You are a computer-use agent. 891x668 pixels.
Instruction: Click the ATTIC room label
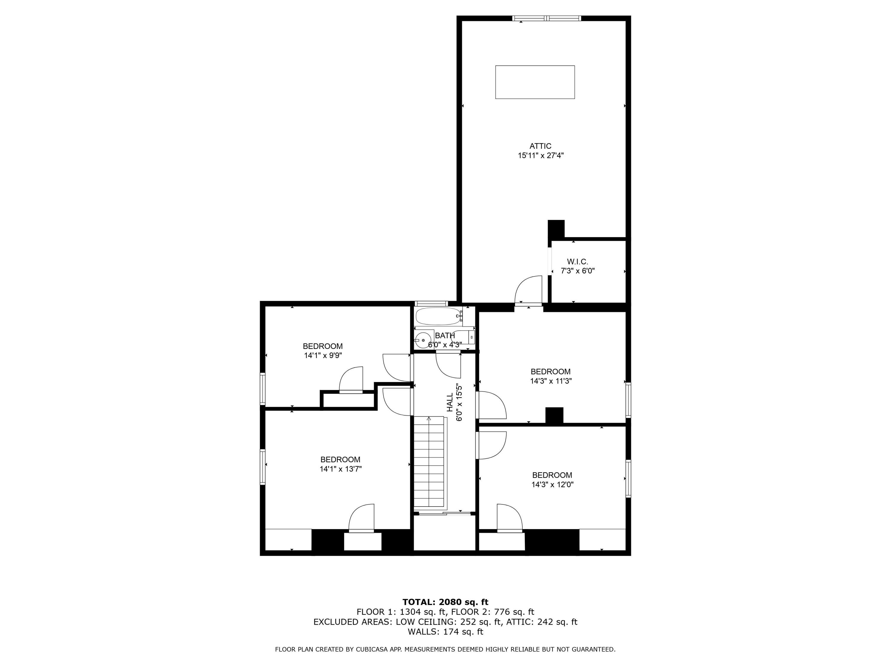point(540,146)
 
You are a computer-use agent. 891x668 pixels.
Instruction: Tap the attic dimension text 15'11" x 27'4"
point(540,156)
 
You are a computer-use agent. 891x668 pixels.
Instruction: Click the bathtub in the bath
point(439,316)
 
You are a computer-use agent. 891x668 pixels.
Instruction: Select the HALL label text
point(450,403)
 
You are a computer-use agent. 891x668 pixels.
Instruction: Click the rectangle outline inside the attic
point(535,82)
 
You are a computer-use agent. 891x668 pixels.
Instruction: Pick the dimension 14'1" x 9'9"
point(323,356)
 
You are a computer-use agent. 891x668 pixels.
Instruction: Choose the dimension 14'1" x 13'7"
point(340,469)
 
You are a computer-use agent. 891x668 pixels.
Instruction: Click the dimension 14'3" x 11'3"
point(550,381)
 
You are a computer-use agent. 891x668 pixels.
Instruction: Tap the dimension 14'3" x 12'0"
point(552,485)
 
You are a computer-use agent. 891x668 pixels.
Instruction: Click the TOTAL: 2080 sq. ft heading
point(445,602)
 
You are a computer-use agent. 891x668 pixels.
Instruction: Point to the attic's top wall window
point(546,18)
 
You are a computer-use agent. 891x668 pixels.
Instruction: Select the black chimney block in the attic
point(556,229)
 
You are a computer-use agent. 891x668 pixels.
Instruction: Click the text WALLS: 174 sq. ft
point(445,632)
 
